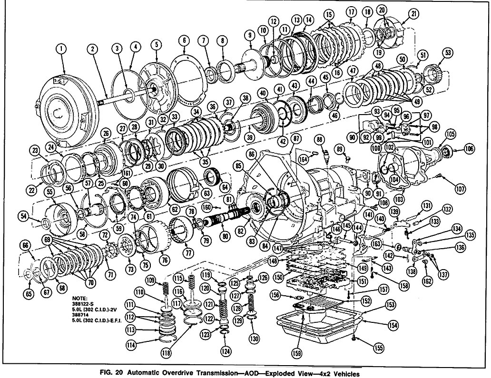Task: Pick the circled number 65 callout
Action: coord(29,294)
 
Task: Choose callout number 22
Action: coord(32,190)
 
